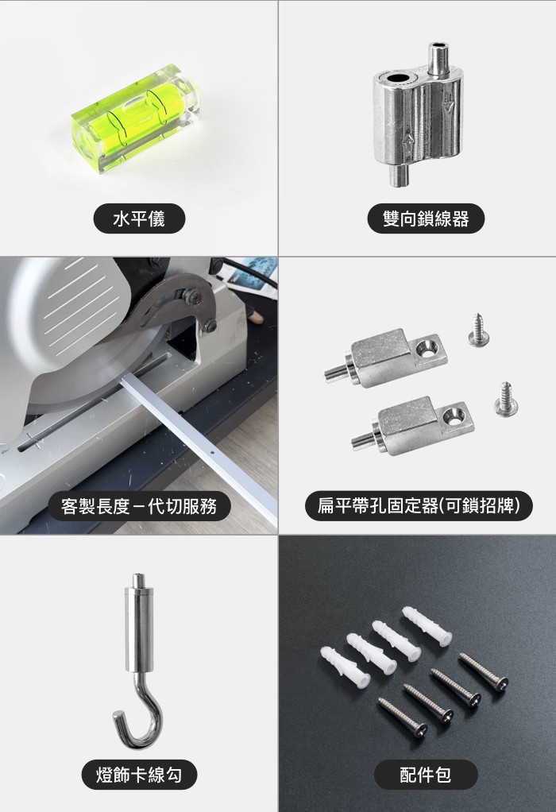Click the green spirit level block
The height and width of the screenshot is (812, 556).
(x=137, y=118)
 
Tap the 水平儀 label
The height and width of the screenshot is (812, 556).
(x=139, y=218)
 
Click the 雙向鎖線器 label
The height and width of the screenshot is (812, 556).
(x=426, y=218)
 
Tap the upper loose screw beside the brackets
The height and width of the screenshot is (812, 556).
(x=478, y=330)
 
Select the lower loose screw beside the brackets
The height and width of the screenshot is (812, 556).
(x=506, y=399)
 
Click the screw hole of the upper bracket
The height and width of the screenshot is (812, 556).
(x=429, y=349)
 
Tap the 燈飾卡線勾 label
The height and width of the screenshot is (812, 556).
(x=139, y=775)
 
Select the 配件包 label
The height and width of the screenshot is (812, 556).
(x=426, y=775)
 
